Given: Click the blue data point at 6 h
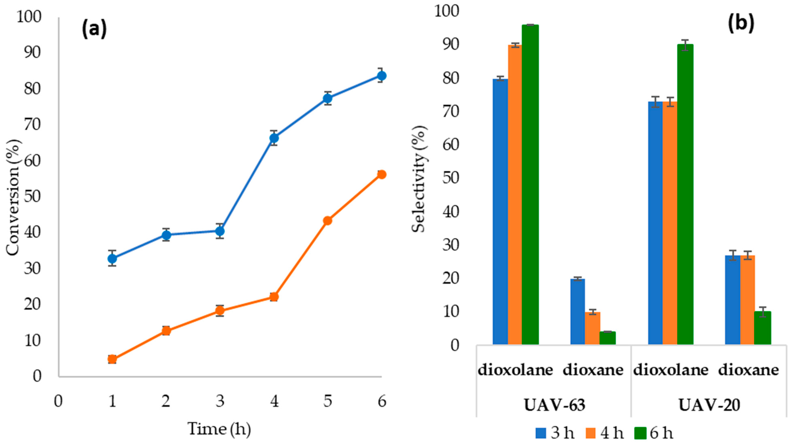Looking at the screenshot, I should [381, 76].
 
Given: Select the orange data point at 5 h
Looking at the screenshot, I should [328, 221].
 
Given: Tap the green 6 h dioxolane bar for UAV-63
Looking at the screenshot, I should [530, 184].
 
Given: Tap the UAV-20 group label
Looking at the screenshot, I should [709, 405].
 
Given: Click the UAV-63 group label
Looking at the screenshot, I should [555, 405].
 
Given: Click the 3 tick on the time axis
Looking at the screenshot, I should [220, 401].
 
